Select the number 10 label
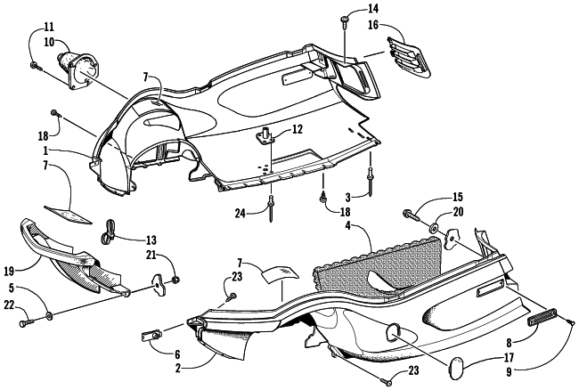click(x=48, y=42)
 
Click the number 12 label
click(x=298, y=130)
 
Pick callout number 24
click(x=239, y=212)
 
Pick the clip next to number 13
click(x=109, y=231)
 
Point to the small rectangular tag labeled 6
click(x=150, y=336)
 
